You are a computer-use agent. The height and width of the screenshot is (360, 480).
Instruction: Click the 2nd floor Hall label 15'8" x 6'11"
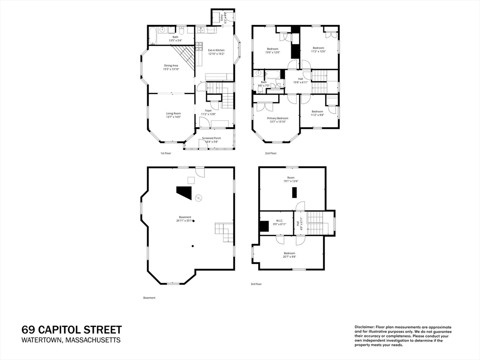click(300, 81)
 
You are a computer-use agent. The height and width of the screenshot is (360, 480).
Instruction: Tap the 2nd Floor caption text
click(270, 153)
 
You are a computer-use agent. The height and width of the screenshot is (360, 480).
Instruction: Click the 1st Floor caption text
click(166, 153)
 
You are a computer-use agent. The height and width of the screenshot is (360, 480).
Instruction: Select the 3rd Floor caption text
click(256, 284)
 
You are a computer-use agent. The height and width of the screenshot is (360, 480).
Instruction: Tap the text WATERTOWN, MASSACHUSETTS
click(71, 340)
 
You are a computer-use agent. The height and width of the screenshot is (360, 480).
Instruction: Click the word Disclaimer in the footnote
click(363, 327)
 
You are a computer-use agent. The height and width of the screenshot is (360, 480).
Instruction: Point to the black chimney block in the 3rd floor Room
click(294, 193)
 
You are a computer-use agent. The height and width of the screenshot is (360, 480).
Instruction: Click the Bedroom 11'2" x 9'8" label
click(317, 113)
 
